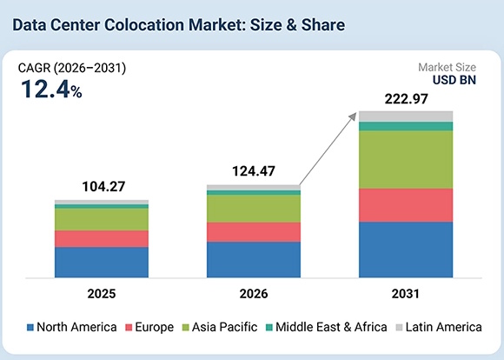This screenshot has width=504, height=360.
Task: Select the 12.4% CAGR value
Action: point(51,89)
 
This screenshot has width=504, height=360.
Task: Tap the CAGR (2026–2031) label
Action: point(72,68)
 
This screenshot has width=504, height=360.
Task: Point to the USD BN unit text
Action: point(454,80)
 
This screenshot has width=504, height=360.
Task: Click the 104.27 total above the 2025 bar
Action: point(103,187)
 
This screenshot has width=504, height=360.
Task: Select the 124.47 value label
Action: point(254,171)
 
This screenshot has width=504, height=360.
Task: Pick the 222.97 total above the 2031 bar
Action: point(407,99)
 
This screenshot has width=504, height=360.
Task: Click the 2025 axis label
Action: point(102,294)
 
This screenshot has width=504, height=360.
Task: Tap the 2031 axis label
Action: point(406,294)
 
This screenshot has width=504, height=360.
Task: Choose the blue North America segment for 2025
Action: point(102,263)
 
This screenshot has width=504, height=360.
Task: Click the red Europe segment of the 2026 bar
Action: point(254,232)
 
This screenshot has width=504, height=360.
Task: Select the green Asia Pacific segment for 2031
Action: point(406,160)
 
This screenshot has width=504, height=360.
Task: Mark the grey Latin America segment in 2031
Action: point(406,117)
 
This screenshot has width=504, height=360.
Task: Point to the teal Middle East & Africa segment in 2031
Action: point(406,126)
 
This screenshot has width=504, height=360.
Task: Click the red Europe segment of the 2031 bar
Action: point(406,205)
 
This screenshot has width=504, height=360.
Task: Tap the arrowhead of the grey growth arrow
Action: point(354,117)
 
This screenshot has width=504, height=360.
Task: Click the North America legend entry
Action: point(71,327)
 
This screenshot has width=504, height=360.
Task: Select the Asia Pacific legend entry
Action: point(220,327)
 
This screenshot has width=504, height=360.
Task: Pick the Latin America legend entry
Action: point(439,327)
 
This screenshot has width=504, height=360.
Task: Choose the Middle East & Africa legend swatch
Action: point(269,328)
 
